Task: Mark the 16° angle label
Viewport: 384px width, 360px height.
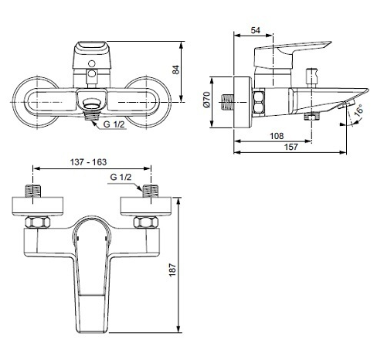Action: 360,113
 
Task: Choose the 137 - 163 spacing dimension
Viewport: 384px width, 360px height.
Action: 88,163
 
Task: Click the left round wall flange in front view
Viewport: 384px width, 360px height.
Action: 35,99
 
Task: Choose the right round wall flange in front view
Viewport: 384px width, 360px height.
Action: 147,99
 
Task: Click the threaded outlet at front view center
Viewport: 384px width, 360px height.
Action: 91,107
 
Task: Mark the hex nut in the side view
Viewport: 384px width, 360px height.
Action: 260,101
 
